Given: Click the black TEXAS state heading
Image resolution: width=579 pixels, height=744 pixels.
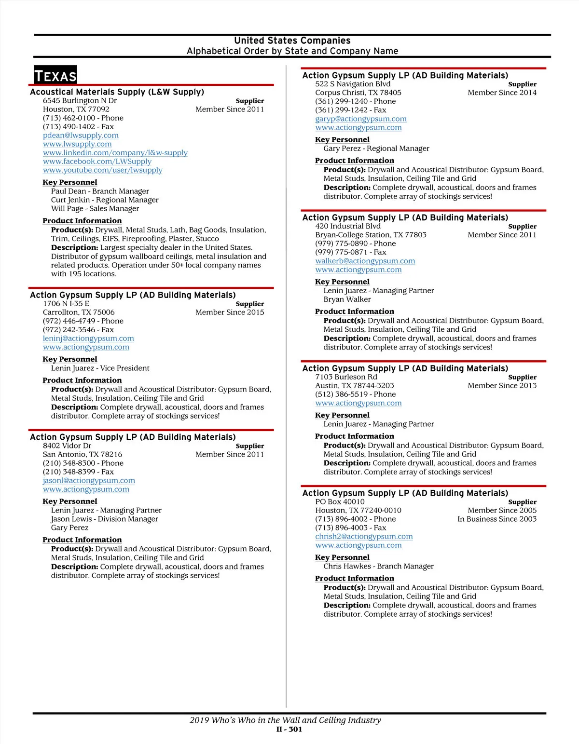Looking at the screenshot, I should click(x=55, y=76).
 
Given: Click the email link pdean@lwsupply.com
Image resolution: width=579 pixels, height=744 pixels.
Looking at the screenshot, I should click(x=81, y=135).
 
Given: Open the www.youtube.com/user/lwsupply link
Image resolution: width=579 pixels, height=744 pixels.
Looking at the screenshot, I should click(x=102, y=170).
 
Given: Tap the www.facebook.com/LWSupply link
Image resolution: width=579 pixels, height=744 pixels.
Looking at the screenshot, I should click(x=97, y=162).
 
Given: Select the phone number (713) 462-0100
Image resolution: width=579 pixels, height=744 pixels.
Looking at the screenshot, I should click(x=83, y=118).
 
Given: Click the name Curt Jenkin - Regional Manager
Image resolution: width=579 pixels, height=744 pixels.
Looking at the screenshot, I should click(x=105, y=200).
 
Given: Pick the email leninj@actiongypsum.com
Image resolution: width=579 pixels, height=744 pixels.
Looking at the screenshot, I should click(x=88, y=338).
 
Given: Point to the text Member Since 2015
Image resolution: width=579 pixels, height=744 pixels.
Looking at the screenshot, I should click(x=230, y=312).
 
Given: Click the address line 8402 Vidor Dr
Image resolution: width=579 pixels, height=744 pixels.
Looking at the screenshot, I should click(x=67, y=446).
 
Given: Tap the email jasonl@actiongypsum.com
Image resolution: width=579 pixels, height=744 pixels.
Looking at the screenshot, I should click(x=89, y=481).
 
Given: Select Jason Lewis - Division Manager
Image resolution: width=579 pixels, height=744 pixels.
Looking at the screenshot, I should click(x=105, y=519).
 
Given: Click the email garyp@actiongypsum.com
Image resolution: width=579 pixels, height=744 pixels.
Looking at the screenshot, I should click(x=361, y=119).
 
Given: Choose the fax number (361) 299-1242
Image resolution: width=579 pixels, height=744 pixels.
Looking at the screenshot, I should click(x=351, y=110).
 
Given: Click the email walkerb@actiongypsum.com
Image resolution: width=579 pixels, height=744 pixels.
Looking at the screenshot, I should click(x=365, y=261).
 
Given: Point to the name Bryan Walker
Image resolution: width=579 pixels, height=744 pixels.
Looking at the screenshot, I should click(x=347, y=299).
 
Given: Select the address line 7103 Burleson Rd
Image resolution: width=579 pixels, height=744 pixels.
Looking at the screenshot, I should click(x=346, y=377).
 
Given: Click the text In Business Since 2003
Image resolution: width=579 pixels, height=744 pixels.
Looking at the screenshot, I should click(x=497, y=519).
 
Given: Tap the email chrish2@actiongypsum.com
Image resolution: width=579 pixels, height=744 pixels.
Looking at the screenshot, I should click(x=364, y=537).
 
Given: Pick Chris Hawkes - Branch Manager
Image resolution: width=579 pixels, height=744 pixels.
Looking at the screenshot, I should click(x=378, y=567).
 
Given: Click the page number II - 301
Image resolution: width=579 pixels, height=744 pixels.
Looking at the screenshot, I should click(x=289, y=730).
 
